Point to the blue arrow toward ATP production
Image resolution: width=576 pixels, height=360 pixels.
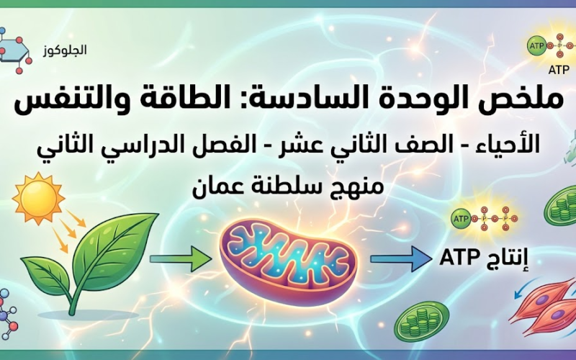pyautogui.click(x=400, y=257)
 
